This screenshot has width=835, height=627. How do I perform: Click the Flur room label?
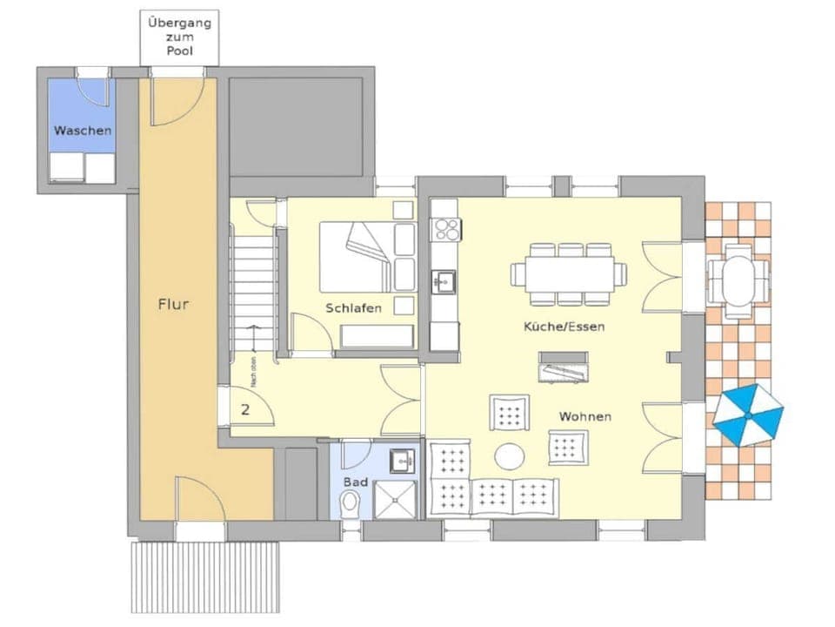point(173,305)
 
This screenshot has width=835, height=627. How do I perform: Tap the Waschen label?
point(83,131)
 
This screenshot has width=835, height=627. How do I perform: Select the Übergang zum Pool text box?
point(179,36)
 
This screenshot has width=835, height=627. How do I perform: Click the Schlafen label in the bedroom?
point(353,308)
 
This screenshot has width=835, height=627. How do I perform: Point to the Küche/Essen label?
point(564,327)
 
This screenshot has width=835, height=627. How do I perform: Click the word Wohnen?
point(584,417)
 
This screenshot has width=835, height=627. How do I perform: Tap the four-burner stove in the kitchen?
point(446,229)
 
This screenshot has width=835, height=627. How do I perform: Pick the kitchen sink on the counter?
point(444,280)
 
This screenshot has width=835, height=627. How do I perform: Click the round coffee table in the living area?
point(510,455)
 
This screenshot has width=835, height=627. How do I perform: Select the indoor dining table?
point(568,273)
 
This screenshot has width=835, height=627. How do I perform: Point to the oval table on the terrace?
point(738,275)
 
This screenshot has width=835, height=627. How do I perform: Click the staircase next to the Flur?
point(253,287)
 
